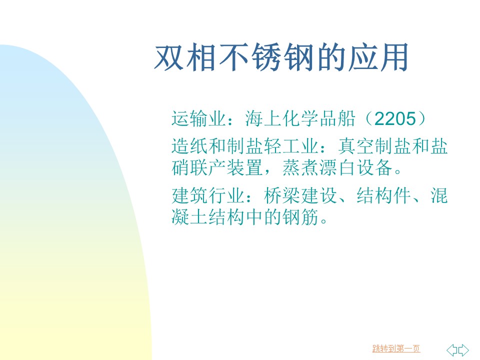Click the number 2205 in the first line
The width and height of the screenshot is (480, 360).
point(395,118)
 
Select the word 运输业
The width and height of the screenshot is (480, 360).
point(199,118)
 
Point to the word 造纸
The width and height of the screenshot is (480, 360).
point(190,146)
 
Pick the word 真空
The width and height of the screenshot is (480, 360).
point(356,146)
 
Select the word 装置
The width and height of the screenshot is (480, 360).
point(245,168)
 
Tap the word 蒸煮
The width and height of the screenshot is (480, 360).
point(300,168)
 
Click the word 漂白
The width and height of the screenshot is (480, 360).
point(337,168)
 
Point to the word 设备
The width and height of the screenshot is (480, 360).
point(374,168)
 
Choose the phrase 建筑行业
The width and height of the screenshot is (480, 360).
point(208,195)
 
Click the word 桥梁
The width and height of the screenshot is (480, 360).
point(282,195)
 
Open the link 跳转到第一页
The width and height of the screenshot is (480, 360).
point(396,348)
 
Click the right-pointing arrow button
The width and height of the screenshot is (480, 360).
point(463,350)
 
